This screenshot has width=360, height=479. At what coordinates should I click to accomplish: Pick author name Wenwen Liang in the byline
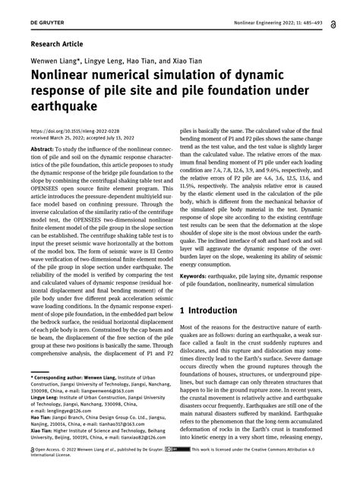50,60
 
